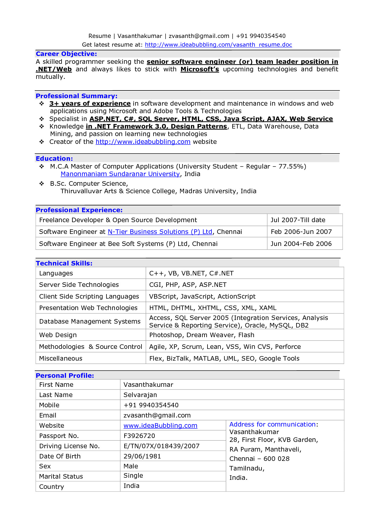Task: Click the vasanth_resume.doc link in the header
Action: point(218,45)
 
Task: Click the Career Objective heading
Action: point(66,54)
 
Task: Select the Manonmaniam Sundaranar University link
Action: point(120,174)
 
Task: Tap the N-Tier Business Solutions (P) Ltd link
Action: point(160,232)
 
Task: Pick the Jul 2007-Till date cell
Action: point(298,220)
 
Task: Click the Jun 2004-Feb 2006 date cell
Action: point(301,244)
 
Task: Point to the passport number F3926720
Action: point(139,436)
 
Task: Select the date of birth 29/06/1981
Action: point(142,456)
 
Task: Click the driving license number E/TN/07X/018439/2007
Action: point(161,446)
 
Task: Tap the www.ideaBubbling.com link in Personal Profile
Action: point(160,426)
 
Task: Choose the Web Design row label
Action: point(58,335)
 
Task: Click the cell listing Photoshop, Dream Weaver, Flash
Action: point(201,335)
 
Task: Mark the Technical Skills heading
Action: point(64,263)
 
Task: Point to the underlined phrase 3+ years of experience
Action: point(90,104)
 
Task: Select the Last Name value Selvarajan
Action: point(140,395)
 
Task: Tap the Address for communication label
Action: point(272,424)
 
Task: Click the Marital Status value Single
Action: point(133,476)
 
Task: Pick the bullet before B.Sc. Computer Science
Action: point(42,184)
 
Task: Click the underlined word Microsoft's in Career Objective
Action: point(199,69)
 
